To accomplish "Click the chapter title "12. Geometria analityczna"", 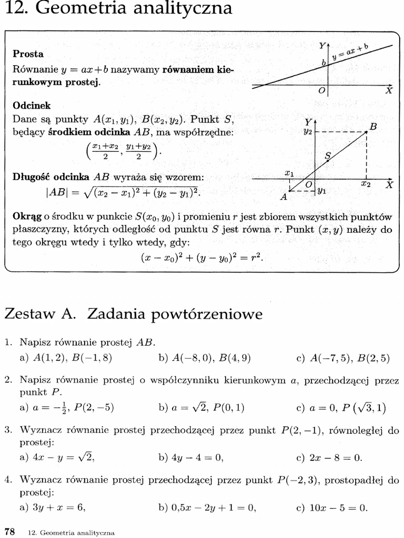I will (118, 9).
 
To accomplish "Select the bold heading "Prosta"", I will (28, 54).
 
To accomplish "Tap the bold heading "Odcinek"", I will (32, 105).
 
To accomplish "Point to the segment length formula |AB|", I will (123, 193).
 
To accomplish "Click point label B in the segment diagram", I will (373, 127).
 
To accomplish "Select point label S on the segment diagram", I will (328, 156).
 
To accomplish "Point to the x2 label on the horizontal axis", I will (366, 185).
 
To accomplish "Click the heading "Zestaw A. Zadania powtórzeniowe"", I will (133, 314).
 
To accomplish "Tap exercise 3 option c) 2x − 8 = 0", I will (329, 458).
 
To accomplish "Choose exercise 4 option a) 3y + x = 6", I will (53, 507).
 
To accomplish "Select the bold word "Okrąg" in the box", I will (27, 217).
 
